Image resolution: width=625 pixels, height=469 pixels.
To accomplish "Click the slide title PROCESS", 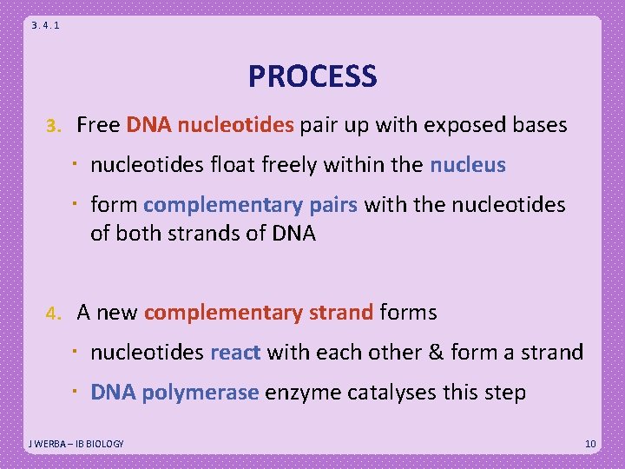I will point(312,76).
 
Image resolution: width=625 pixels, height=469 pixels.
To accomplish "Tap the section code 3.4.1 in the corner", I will point(45,25).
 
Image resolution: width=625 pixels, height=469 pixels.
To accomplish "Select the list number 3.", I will point(53,126).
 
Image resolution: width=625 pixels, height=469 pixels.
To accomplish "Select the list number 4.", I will point(53,313).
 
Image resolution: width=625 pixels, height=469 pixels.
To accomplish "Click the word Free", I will point(98,125).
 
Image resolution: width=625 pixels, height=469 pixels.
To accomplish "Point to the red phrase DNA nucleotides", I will point(210,125).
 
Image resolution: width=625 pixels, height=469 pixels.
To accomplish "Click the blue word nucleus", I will point(467,165).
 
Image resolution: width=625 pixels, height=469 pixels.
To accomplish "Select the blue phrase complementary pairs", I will point(252,205).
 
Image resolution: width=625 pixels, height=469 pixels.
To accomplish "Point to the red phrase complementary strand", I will point(259,312).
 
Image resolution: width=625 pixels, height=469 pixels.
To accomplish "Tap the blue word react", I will point(235,353).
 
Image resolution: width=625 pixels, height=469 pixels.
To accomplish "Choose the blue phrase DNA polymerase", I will point(174,393).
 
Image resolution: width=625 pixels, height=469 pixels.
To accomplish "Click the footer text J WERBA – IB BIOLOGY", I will point(76,444).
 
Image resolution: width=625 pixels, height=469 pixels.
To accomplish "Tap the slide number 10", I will point(590,444).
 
